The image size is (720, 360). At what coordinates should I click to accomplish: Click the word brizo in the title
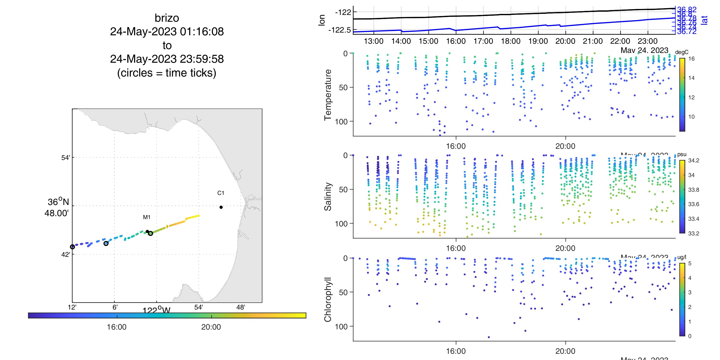[x=167, y=18]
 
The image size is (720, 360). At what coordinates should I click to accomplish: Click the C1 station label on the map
[x=221, y=193]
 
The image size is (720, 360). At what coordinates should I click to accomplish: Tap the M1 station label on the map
[x=147, y=217]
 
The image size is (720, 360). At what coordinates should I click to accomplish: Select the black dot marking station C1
[x=221, y=207]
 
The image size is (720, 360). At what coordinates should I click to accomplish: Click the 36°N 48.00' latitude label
[x=58, y=207]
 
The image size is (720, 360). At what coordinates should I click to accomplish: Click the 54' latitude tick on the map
[x=66, y=158]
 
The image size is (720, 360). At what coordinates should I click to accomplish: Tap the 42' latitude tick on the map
[x=66, y=254]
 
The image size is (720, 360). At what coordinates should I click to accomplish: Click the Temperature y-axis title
[x=328, y=95]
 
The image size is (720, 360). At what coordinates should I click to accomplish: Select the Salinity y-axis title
[x=328, y=197]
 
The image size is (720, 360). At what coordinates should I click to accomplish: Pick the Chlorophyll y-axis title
[x=328, y=299]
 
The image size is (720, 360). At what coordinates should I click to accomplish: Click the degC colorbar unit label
[x=681, y=52]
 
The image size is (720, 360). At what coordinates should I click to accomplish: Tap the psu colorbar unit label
[x=682, y=154]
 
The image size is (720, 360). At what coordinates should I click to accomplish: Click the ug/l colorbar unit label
[x=682, y=257]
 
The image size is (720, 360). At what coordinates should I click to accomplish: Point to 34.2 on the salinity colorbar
[x=693, y=160]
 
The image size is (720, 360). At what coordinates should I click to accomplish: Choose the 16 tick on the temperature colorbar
[x=691, y=59]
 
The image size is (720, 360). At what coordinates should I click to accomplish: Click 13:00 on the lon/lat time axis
[x=373, y=41]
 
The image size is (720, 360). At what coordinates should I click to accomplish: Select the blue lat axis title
[x=704, y=20]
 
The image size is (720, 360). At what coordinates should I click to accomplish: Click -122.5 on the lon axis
[x=339, y=30]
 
